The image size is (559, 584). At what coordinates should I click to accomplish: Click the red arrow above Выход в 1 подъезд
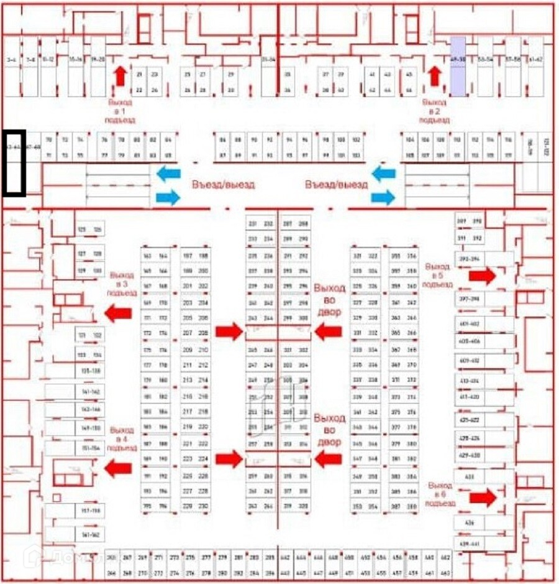pos(120,76)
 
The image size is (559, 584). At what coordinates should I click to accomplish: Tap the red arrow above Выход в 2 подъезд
pos(435,76)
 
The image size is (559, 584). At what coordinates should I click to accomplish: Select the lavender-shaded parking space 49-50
pos(458,66)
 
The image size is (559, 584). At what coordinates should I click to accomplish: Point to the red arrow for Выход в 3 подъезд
pos(117,313)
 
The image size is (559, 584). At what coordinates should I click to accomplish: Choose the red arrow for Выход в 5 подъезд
pos(482,276)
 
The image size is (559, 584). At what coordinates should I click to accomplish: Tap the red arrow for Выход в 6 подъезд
pos(482,498)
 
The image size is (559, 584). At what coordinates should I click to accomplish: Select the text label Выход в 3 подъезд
pos(120,283)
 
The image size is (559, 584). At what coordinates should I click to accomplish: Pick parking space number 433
pos(469,476)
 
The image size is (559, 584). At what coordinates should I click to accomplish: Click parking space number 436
pos(469,524)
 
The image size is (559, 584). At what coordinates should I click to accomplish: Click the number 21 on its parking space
pos(139,75)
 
